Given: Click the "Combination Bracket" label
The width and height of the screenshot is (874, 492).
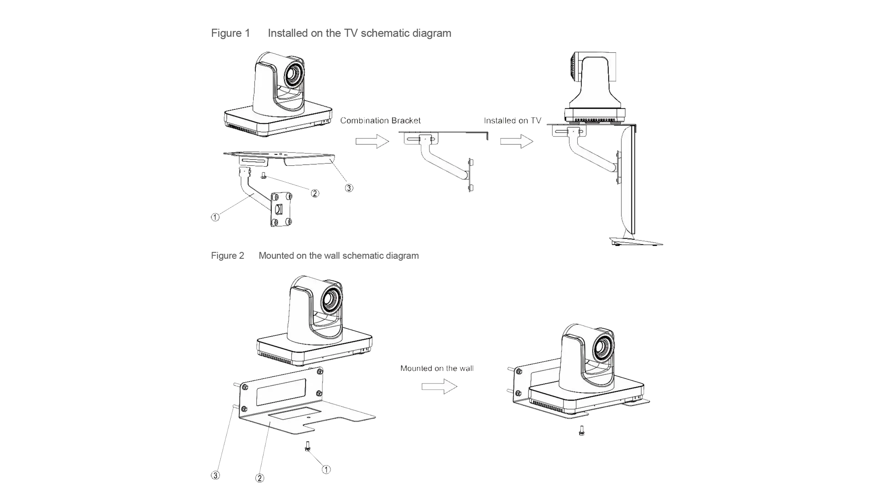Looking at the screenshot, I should [x=381, y=121].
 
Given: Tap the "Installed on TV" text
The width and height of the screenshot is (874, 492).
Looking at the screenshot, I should [x=513, y=121].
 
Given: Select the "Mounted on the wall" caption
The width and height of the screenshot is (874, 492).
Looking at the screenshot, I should [x=437, y=368].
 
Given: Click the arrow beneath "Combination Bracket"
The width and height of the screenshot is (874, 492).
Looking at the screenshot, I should [x=371, y=141].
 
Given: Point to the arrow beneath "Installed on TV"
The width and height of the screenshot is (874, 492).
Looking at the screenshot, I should [x=516, y=141].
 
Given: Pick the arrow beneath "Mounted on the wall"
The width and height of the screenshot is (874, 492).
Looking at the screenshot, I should [x=438, y=387].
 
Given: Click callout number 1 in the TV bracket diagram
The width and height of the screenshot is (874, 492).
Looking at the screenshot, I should [x=215, y=217].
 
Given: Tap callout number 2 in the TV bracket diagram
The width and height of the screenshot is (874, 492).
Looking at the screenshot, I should [x=315, y=193].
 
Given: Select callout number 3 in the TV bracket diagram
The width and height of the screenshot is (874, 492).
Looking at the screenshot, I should [x=348, y=187].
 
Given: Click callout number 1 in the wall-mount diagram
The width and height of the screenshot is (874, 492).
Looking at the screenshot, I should [x=326, y=469].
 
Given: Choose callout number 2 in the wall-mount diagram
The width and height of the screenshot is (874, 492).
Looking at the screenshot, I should [x=259, y=478].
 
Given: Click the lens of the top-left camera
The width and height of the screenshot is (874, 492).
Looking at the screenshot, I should [x=293, y=73].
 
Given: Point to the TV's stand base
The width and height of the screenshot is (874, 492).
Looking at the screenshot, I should [x=637, y=242].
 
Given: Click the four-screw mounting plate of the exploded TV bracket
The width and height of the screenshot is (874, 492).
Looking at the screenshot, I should [x=282, y=210].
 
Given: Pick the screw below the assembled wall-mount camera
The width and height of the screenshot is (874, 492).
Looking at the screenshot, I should [x=582, y=430].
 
